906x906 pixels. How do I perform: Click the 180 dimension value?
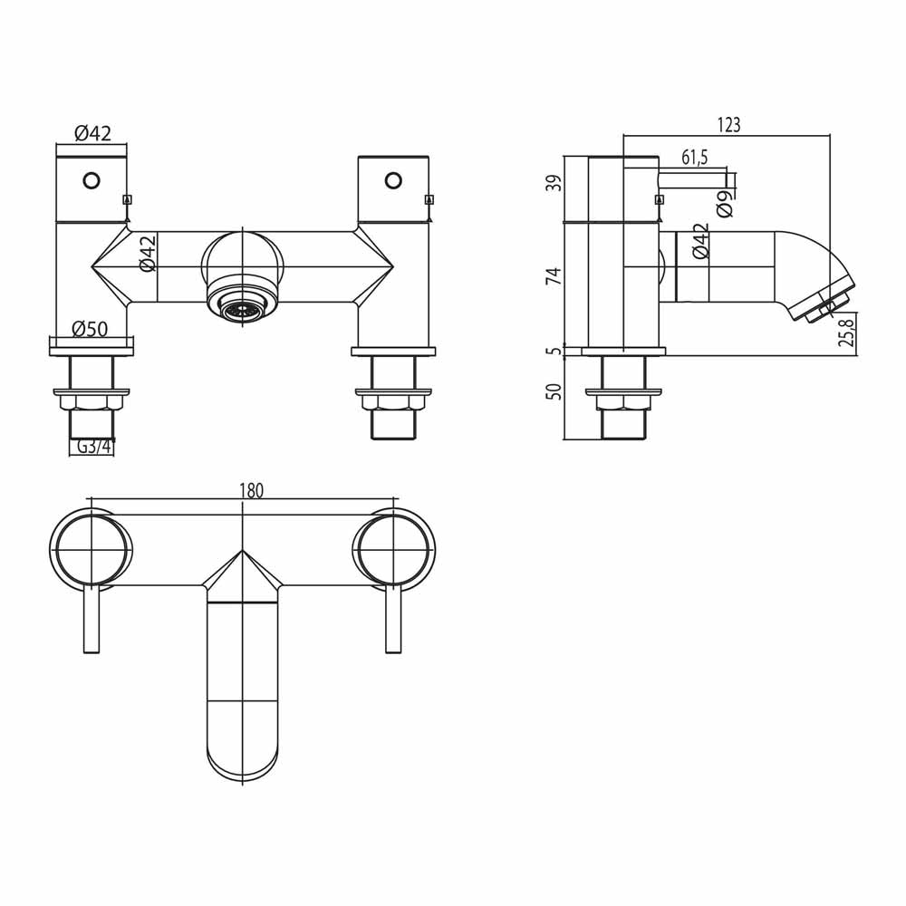(x=251, y=490)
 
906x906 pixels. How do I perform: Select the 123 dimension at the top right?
(x=728, y=126)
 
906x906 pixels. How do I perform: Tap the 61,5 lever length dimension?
(x=694, y=158)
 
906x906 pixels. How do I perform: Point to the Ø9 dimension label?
(x=723, y=203)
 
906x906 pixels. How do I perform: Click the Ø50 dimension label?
(x=91, y=328)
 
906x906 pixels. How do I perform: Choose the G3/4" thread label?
(x=92, y=447)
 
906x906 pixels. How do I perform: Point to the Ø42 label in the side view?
(x=700, y=242)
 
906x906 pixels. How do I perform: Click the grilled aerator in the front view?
(x=240, y=311)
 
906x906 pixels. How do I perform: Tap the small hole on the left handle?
(x=91, y=180)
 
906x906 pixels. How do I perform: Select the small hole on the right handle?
(x=392, y=180)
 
